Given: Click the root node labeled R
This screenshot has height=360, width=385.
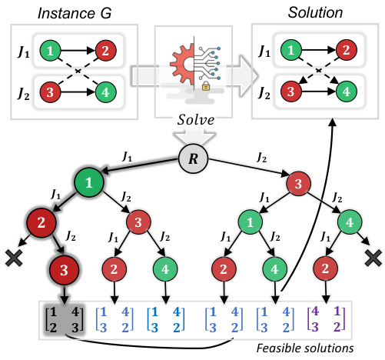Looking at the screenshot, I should (192, 159).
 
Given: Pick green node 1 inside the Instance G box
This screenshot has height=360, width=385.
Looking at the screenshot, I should (51, 52).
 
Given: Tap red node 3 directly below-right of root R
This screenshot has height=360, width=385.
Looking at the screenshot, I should (295, 186).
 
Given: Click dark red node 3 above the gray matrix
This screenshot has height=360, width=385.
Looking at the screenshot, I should (64, 271).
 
